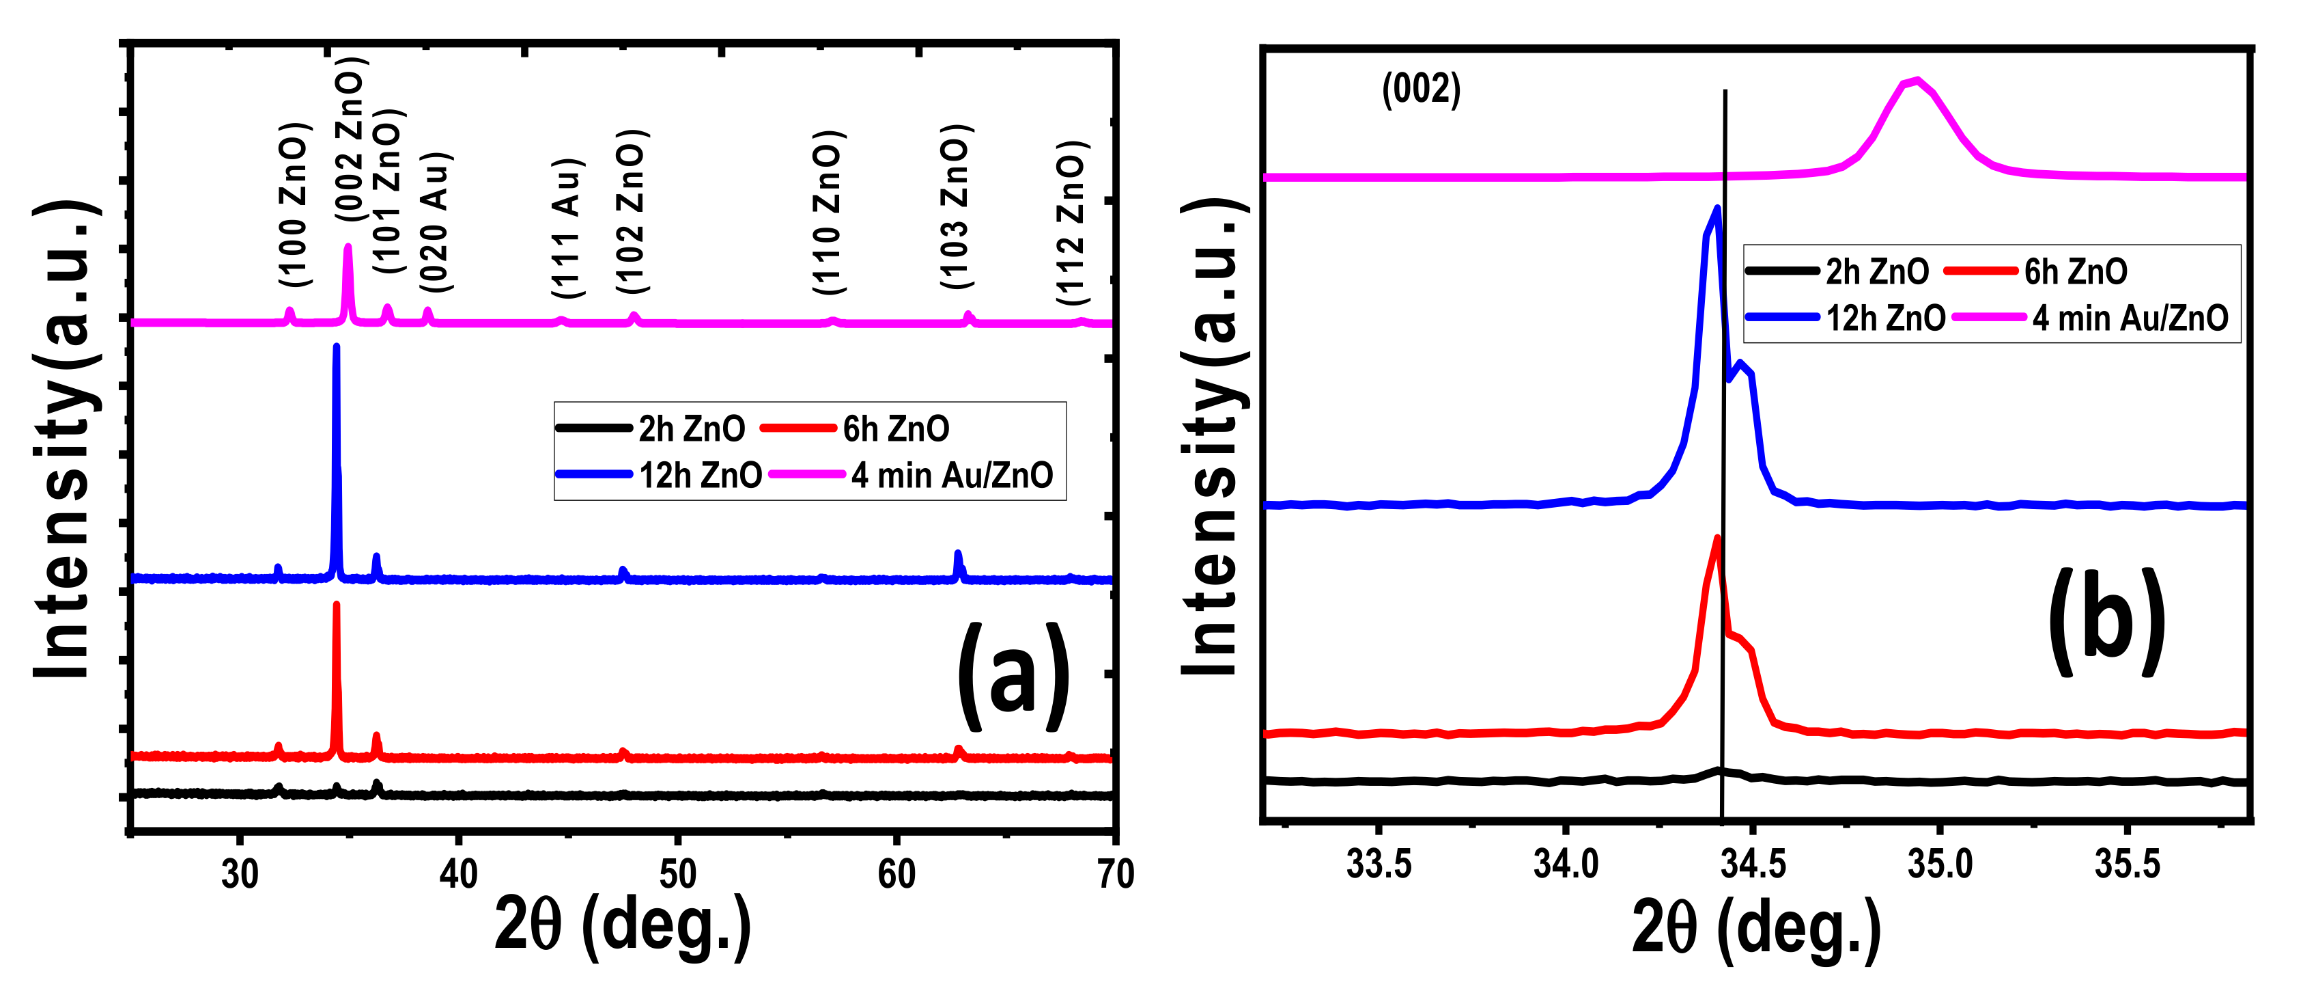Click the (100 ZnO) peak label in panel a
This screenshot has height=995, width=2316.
click(x=294, y=205)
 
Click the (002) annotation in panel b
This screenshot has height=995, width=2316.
click(x=1420, y=89)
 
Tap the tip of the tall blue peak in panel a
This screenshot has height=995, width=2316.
click(x=336, y=346)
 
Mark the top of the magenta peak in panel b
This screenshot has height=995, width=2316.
click(x=1917, y=80)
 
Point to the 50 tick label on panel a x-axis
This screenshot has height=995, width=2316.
click(x=677, y=873)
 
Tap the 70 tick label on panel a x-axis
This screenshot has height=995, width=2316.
click(x=1116, y=873)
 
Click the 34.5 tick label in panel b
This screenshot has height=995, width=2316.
click(x=1752, y=864)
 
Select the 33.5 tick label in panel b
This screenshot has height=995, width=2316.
click(x=1379, y=864)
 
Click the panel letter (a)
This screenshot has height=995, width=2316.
click(x=1013, y=677)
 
